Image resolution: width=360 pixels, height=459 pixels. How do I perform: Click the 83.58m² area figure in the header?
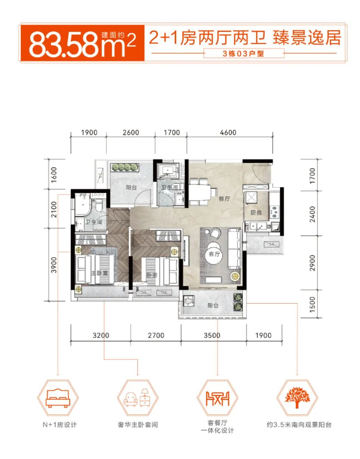pyautogui.click(x=82, y=44)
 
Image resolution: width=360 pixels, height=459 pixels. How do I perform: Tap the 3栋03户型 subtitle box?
pyautogui.click(x=243, y=53)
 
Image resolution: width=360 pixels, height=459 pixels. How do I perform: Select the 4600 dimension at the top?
pyautogui.click(x=228, y=133)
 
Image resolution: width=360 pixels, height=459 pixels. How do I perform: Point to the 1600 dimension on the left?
pyautogui.click(x=54, y=175)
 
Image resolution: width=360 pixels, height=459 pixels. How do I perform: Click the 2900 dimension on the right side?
pyautogui.click(x=312, y=263)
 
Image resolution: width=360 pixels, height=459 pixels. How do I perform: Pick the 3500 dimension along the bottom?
pyautogui.click(x=212, y=335)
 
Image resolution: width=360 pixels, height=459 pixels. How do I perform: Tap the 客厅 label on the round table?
pyautogui.click(x=214, y=254)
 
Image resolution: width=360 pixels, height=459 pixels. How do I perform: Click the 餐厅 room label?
pyautogui.click(x=224, y=199)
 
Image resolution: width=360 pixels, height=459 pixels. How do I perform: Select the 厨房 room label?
pyautogui.click(x=256, y=213)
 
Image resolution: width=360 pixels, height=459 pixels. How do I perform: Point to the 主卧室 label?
pyautogui.click(x=99, y=273)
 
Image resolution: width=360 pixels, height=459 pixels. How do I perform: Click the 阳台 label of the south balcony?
pyautogui.click(x=213, y=305)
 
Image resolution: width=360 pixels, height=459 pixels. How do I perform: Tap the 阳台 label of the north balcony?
pyautogui.click(x=131, y=187)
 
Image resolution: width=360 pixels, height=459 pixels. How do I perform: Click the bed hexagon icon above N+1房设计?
pyautogui.click(x=58, y=398)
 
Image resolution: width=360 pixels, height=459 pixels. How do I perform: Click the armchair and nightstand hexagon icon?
pyautogui.click(x=137, y=398)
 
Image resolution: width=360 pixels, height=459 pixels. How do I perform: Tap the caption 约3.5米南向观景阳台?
pyautogui.click(x=299, y=425)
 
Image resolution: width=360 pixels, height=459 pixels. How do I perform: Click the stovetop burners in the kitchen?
pyautogui.click(x=274, y=212)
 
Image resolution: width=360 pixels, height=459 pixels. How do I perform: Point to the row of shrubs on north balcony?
pyautogui.click(x=125, y=167)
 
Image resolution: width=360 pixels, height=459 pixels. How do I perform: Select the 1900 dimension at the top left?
pyautogui.click(x=89, y=133)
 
